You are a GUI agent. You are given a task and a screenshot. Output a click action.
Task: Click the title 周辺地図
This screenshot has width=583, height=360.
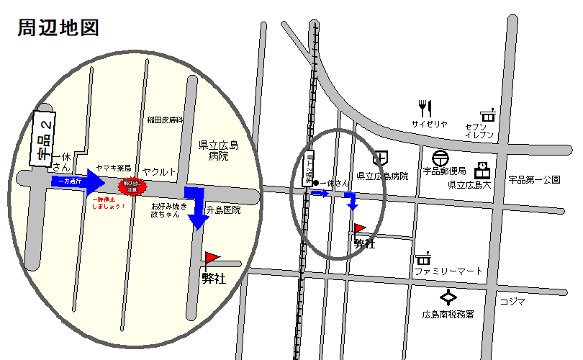click(x=58, y=28)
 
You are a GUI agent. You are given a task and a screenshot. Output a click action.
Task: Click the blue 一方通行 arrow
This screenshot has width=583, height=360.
click(x=78, y=182)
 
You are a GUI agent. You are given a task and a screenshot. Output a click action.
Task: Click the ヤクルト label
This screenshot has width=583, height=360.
click(x=159, y=171)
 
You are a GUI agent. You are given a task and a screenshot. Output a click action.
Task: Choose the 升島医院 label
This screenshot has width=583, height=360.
click(x=223, y=210)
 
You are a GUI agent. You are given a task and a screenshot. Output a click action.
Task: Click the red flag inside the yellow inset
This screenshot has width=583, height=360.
click(x=211, y=258)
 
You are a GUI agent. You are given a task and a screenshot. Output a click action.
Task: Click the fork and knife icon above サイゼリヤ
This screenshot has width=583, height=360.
click(x=425, y=109)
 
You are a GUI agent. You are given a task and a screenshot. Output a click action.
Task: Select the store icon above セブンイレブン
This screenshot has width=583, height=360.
click(x=488, y=114)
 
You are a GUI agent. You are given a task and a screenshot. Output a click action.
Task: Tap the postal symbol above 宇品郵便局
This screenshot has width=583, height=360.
click(x=440, y=158)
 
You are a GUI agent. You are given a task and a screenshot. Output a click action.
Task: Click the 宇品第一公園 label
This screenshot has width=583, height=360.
click(x=534, y=179)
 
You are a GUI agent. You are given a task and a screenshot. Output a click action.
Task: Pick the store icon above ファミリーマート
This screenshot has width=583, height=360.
click(x=423, y=258)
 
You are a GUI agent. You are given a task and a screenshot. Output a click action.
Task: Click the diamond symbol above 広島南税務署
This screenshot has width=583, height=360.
click(x=449, y=297)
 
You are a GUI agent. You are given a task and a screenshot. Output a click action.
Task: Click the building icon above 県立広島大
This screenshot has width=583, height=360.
click(x=481, y=169)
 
